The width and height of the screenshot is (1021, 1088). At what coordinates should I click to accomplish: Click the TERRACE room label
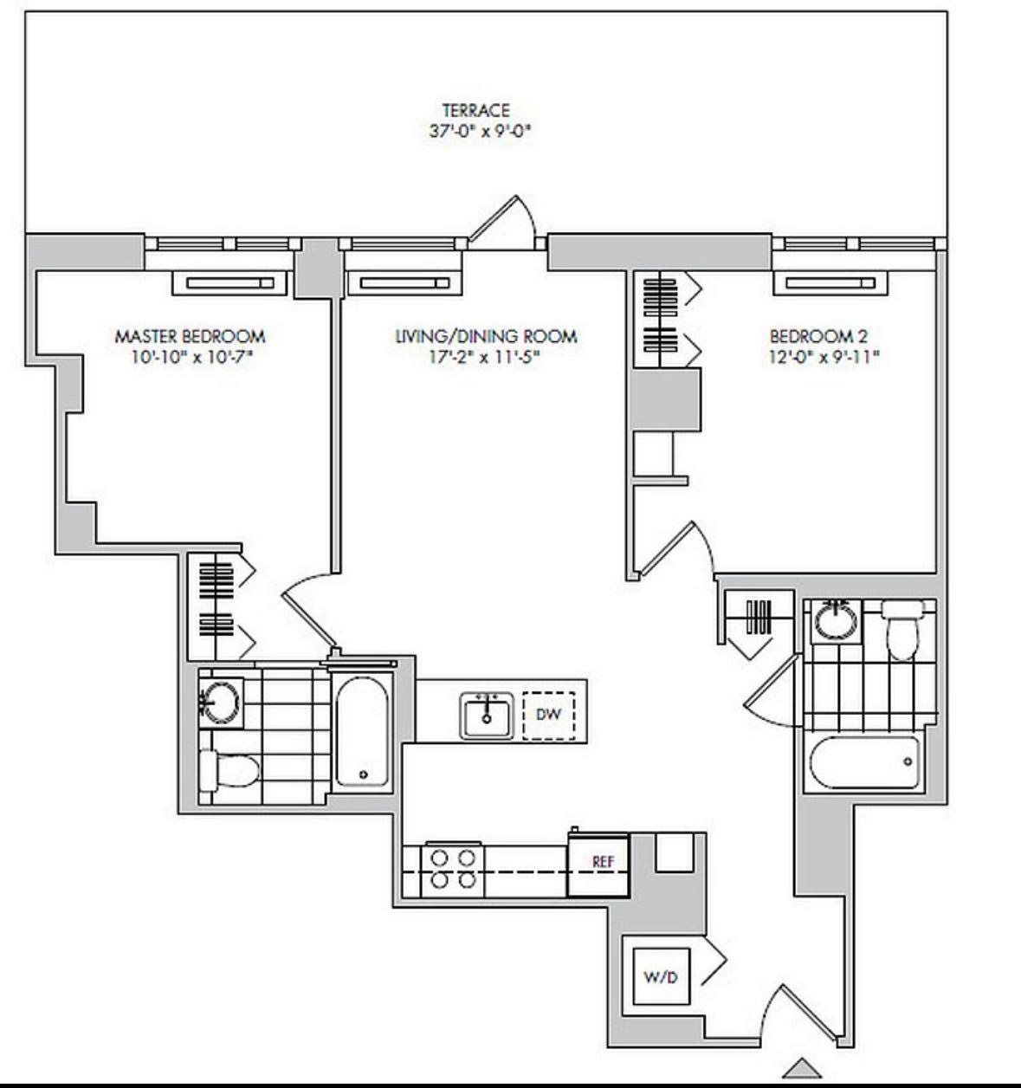point(476,110)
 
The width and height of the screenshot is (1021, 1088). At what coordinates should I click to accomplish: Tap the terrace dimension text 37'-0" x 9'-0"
point(481,132)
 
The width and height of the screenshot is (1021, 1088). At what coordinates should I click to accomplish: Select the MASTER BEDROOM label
point(190,336)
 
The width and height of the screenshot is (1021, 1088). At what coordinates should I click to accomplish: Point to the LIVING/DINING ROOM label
point(487,336)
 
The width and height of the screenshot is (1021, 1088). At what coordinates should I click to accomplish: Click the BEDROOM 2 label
point(818,336)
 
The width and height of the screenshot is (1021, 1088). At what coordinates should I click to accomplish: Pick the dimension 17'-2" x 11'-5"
point(484,358)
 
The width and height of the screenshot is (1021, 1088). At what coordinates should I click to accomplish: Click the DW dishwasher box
point(548,716)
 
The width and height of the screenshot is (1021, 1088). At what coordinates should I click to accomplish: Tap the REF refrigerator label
point(603,862)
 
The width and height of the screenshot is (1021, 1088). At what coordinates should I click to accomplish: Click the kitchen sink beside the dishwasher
point(487,716)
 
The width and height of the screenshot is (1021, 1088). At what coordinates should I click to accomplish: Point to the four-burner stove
point(452,868)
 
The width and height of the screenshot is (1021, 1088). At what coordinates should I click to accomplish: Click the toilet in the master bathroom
point(229,770)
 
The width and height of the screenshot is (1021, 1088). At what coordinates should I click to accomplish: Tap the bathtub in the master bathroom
point(363,732)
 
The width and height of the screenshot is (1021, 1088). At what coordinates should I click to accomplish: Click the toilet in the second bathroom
point(902,630)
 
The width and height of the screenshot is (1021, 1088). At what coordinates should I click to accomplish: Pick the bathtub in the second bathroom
point(863,762)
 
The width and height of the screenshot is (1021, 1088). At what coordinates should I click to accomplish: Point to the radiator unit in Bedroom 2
point(830,282)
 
